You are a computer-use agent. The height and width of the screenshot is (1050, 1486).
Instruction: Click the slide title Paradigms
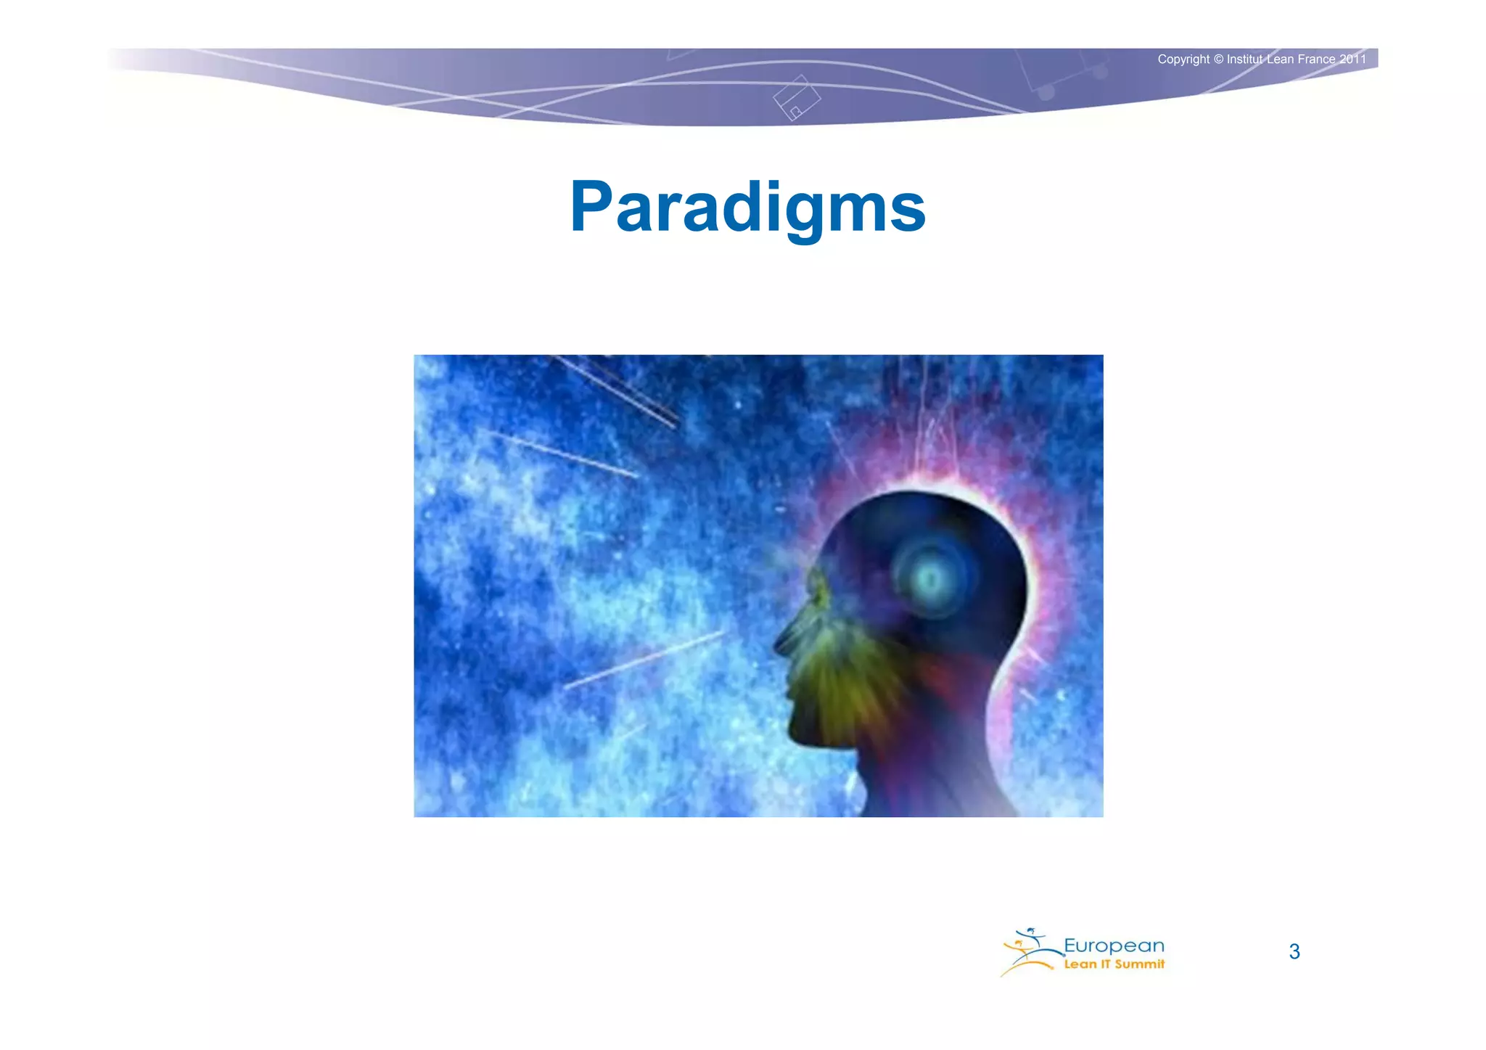747,208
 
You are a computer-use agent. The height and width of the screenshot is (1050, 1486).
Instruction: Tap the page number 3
1294,951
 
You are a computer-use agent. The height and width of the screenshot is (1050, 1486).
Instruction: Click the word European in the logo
1114,946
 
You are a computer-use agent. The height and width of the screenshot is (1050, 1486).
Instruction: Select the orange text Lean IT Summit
1114,964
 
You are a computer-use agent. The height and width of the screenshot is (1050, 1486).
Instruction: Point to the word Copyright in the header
1183,60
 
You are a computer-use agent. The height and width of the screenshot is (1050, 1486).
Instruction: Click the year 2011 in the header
1352,60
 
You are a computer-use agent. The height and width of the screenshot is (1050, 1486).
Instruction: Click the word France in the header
1315,60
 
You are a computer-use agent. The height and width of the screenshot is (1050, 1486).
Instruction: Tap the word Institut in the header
1245,60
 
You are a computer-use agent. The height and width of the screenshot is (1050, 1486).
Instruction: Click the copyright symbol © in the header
1218,60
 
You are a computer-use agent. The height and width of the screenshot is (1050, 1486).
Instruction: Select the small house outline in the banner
796,99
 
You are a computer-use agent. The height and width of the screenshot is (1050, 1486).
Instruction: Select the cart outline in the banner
1063,73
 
